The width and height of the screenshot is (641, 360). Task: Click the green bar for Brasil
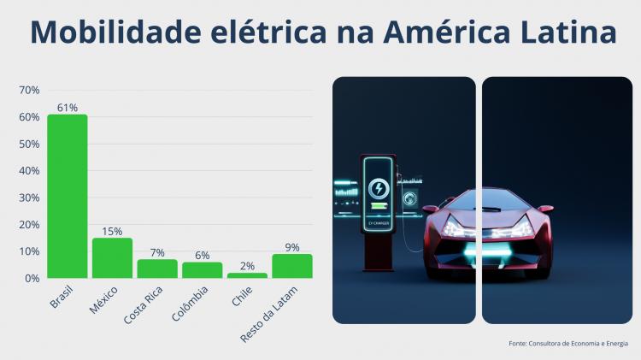(67, 196)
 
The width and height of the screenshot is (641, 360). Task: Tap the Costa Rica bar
(157, 269)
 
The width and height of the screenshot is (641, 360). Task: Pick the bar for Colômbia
(202, 270)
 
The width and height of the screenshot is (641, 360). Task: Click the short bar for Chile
(247, 275)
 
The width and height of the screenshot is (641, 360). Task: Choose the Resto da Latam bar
(292, 266)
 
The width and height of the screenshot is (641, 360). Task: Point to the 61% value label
(67, 108)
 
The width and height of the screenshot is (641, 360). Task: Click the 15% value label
(112, 231)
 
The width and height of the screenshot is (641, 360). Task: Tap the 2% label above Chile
(247, 266)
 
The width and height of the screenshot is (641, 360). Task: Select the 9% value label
(292, 247)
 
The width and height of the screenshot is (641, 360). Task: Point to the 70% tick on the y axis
(29, 90)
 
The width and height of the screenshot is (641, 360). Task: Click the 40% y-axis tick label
(29, 171)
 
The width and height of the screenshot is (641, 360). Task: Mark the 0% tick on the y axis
(32, 279)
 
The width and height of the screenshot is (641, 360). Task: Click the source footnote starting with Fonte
(567, 344)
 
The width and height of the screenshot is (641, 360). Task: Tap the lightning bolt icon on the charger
(377, 188)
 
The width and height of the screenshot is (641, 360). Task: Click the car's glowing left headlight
(453, 232)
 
